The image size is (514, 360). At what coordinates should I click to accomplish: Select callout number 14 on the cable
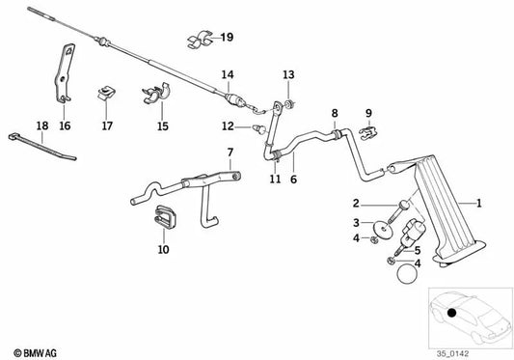[228, 74]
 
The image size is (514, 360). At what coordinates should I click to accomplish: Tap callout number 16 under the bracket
[65, 125]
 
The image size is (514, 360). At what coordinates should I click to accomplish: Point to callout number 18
[14, 125]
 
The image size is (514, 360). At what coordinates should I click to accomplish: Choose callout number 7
[230, 152]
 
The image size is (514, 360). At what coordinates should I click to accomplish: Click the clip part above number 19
[196, 39]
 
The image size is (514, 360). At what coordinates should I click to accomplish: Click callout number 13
[287, 74]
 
